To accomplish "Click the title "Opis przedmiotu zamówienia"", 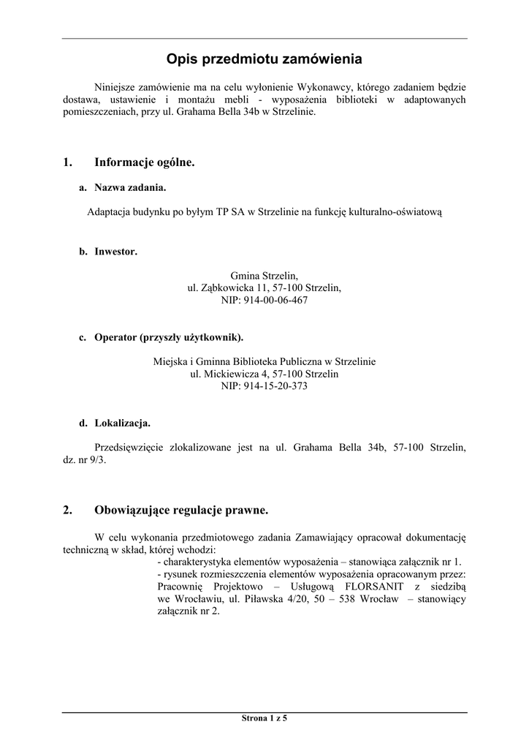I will pos(264,58).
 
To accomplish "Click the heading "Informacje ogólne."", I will pos(145,162).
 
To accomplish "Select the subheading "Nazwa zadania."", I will pos(130,188).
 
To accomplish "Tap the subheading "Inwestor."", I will pos(115,252).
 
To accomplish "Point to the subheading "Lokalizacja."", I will pos(122,423).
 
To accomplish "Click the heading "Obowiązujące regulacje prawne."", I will pos(181,510).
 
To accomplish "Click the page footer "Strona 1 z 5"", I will pos(264,718).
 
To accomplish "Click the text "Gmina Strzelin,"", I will pos(264,275).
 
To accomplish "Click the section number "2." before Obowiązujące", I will pos(67,510).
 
